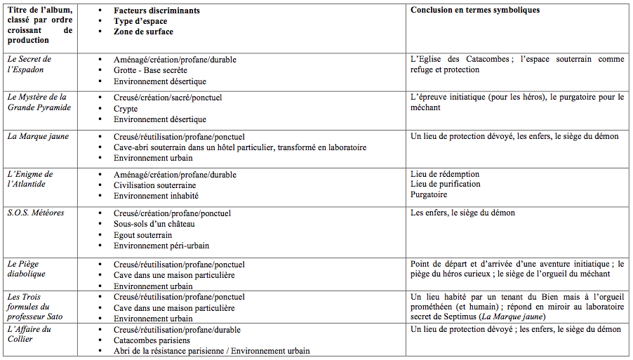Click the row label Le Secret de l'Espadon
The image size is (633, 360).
[x=29, y=65]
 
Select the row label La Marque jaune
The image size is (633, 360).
[x=38, y=136]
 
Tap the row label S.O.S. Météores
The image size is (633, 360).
[x=36, y=213]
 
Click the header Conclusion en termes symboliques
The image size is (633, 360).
[x=475, y=11]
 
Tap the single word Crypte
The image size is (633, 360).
[x=126, y=109]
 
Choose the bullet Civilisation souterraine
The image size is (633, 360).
[x=154, y=185]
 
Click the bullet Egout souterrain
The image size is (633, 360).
[x=142, y=235]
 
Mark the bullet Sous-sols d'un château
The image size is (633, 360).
[x=154, y=224]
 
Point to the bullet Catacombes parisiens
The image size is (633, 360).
[x=151, y=340]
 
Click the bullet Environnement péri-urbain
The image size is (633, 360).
[x=161, y=246]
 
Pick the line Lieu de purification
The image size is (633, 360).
[x=446, y=184]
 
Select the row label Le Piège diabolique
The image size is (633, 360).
[x=27, y=269]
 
